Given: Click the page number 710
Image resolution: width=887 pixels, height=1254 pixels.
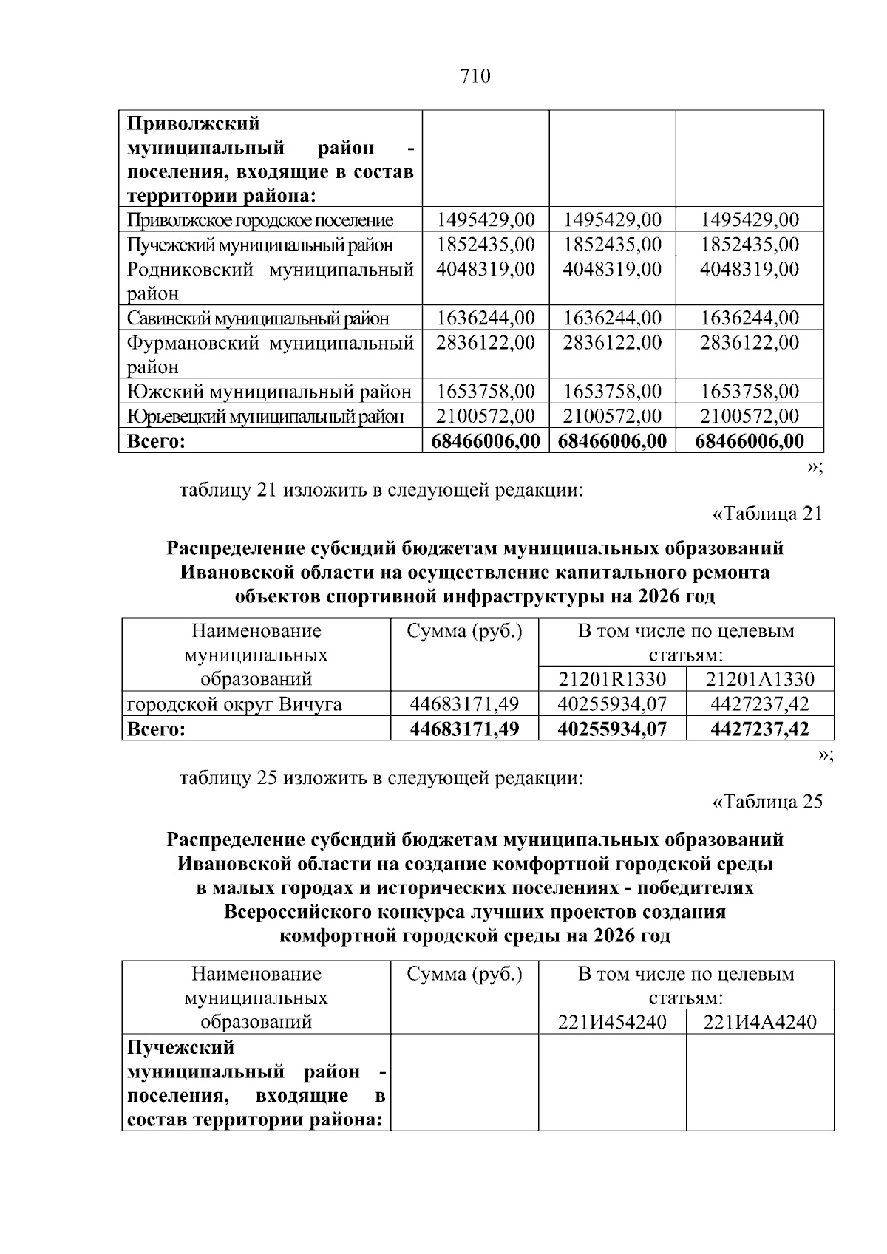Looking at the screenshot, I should (475, 76).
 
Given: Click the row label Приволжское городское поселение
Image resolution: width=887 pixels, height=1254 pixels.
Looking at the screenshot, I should (260, 220).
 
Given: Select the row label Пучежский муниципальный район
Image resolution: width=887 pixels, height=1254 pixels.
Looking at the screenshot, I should (260, 245).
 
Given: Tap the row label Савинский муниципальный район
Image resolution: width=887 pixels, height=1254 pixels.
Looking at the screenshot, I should (258, 318).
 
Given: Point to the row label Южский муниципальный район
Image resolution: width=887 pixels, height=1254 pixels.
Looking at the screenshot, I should (269, 392).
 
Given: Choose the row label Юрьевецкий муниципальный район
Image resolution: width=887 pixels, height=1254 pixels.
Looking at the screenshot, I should (266, 416).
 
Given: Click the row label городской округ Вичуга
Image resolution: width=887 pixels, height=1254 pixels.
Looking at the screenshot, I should (235, 704).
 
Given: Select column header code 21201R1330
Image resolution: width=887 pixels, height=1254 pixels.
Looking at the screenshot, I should (612, 680).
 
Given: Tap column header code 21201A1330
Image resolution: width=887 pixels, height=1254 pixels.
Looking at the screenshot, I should (760, 680).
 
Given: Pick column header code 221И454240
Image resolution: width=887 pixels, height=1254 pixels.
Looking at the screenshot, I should (612, 1022).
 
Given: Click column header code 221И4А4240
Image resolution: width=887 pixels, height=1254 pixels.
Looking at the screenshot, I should (760, 1022).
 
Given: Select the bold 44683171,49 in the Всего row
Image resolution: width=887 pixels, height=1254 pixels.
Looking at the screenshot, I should (464, 729).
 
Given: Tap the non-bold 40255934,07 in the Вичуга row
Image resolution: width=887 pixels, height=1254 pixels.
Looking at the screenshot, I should (612, 704).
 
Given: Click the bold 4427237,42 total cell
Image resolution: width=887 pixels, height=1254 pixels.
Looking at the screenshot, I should (760, 729).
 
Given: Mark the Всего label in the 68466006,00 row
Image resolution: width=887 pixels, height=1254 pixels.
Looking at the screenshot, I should (156, 441).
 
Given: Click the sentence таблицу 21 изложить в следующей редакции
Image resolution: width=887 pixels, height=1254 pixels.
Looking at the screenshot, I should (381, 489).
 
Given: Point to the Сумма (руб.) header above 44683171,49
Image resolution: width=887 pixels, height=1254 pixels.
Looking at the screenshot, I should (464, 632).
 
